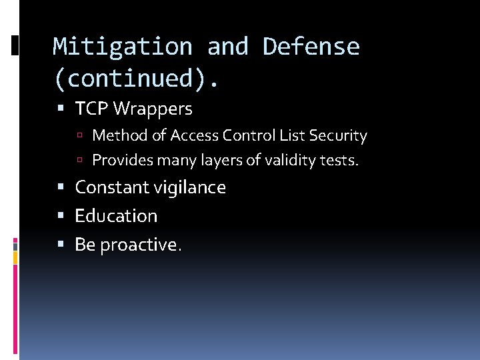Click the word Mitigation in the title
coord(122,47)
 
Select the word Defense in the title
coord(311,47)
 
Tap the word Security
coord(338,136)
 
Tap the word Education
coord(116,216)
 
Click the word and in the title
coord(227,47)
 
